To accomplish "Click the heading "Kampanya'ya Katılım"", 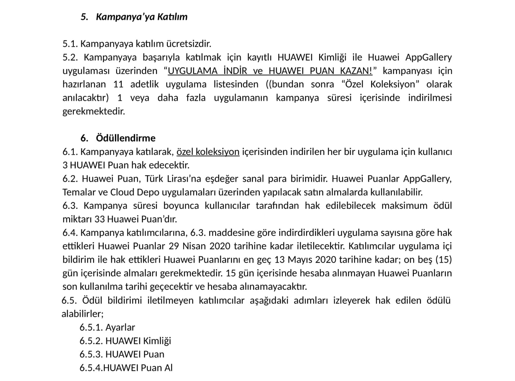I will tap(142, 17).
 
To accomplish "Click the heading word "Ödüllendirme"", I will tap(126, 138).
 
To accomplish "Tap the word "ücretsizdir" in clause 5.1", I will tap(189, 44).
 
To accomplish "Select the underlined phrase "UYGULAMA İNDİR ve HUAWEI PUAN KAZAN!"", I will tap(270, 71).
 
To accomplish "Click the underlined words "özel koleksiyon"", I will tap(208, 152).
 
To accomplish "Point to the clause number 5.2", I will tap(70, 57).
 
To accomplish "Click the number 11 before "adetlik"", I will tap(118, 84).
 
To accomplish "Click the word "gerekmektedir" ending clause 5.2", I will tap(94, 111).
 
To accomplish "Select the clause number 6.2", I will tap(70, 179).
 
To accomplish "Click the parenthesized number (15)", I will tap(443, 260).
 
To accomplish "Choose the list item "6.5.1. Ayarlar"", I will tap(107, 327).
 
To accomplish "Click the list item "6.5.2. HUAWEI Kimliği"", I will tap(125, 341).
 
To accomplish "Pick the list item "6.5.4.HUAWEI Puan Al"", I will tap(126, 368).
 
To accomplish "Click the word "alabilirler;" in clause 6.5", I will tap(82, 314).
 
